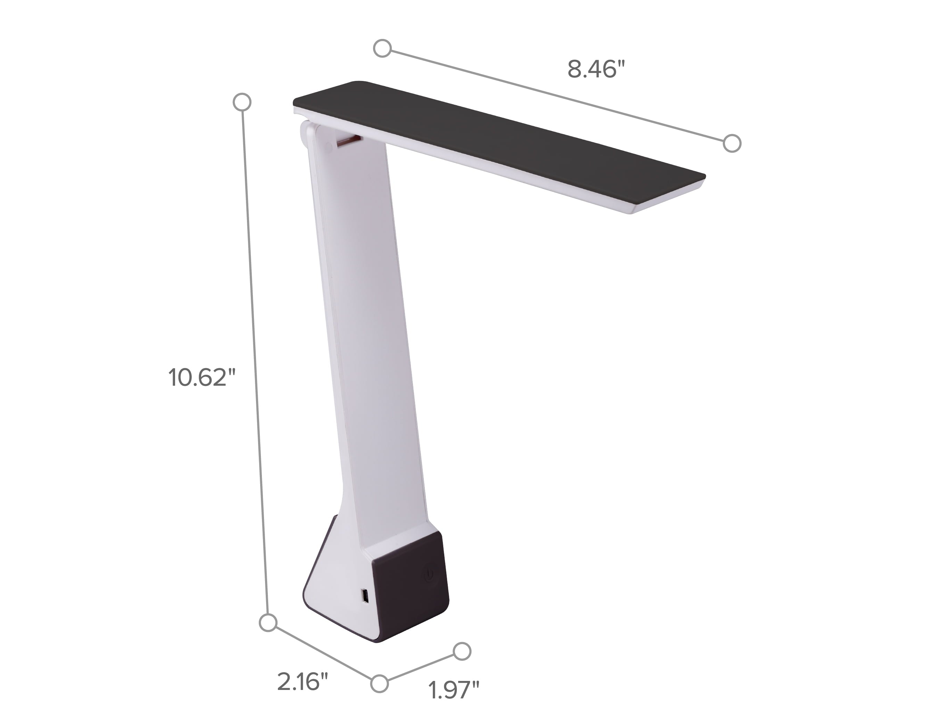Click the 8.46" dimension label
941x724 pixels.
(x=596, y=69)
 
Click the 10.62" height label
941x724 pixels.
(x=203, y=378)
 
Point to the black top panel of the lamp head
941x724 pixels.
(x=495, y=138)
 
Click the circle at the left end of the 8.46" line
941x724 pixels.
(x=382, y=48)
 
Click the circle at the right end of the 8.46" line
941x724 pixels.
(x=732, y=143)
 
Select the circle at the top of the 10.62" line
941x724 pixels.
(x=242, y=102)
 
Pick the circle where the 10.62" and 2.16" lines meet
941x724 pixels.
(x=268, y=623)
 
